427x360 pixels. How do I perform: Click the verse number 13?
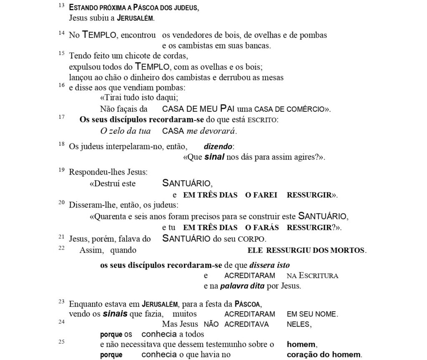coord(62,5)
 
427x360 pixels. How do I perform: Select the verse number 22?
coord(62,247)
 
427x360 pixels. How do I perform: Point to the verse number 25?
coord(62,342)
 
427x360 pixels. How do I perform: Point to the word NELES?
coord(299,324)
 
